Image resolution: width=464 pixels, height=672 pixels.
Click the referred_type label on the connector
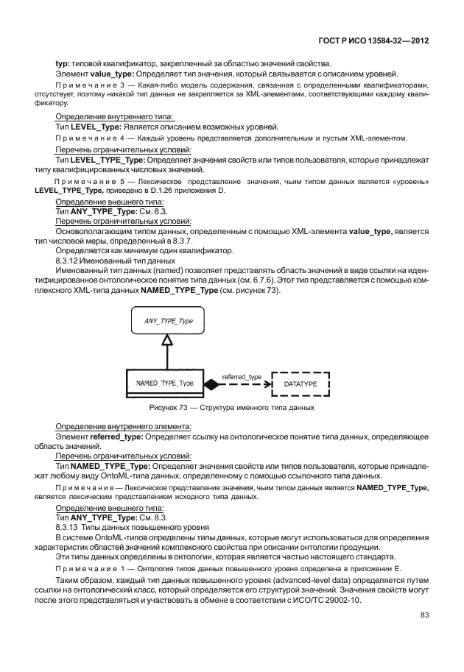pyautogui.click(x=242, y=377)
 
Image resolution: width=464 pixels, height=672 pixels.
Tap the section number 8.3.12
pyautogui.click(x=69, y=261)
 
